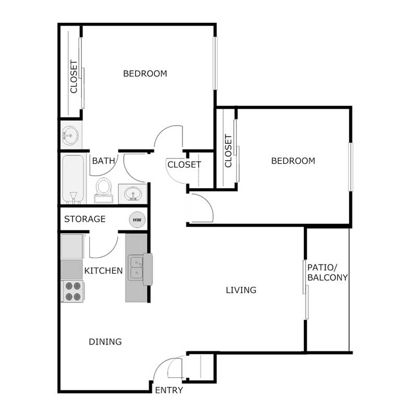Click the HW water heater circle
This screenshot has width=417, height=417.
pos(137,220)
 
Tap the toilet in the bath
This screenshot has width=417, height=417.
pos(104,189)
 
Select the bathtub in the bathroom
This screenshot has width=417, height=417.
pos(73,178)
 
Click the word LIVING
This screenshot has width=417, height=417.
pos(241,290)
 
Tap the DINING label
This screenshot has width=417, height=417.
pos(105,342)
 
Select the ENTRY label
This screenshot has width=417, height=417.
pos(169,390)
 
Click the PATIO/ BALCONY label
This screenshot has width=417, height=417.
pos(327,272)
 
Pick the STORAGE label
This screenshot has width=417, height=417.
pos(85,219)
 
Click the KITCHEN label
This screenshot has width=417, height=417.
pos(104,271)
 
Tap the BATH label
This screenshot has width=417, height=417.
pos(103,161)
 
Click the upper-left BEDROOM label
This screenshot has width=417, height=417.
pos(145,73)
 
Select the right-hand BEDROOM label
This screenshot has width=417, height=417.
pos(293,161)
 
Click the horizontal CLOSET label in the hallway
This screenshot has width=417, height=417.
pos(184,165)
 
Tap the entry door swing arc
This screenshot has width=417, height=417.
pos(165,367)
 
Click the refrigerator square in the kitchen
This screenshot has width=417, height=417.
pos(71,246)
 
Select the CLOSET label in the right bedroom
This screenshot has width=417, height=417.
pos(228,151)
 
